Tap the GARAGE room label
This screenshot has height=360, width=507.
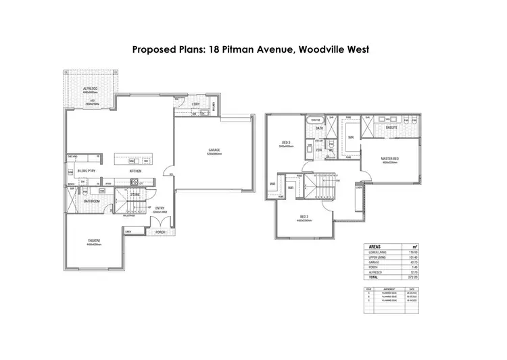(215, 151)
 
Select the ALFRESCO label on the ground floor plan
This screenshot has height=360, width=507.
(91, 88)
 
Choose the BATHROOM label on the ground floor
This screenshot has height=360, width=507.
(92, 202)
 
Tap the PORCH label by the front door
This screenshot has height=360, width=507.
(160, 232)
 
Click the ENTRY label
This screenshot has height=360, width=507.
(160, 208)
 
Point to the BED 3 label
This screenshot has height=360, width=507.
(286, 143)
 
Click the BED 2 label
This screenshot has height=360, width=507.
(305, 217)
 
